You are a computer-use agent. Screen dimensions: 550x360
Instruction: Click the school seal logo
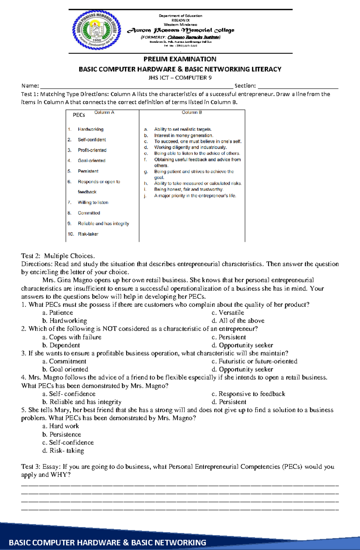click(x=96, y=30)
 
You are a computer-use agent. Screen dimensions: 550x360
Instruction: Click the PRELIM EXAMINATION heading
click(x=180, y=59)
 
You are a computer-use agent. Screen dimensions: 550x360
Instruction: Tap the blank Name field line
click(x=136, y=87)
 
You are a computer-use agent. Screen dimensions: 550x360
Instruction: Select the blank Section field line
click(x=298, y=87)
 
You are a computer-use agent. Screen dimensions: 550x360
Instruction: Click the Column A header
click(x=104, y=112)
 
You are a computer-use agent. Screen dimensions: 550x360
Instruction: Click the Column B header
click(x=192, y=112)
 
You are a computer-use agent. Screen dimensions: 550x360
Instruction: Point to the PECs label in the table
click(x=79, y=115)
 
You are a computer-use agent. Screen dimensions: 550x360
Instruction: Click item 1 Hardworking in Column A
click(x=90, y=129)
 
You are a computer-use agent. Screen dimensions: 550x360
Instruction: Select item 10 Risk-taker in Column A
click(x=88, y=234)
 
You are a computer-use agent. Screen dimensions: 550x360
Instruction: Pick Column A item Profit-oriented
click(x=92, y=150)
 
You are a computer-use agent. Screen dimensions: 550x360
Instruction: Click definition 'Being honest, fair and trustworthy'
click(x=188, y=189)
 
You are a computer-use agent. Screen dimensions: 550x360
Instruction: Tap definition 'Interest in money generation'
click(x=183, y=135)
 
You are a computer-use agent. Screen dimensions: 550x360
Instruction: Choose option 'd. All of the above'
click(x=238, y=321)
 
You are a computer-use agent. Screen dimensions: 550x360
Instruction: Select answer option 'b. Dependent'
click(x=61, y=345)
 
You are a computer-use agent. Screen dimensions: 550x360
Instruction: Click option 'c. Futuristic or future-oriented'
click(x=254, y=361)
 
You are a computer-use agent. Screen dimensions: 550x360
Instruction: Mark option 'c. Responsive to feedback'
click(x=248, y=394)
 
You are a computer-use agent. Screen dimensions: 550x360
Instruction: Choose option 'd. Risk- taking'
click(x=63, y=451)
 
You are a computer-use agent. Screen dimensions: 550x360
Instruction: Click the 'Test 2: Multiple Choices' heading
click(x=58, y=256)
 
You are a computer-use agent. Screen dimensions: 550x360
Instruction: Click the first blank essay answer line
click(x=180, y=485)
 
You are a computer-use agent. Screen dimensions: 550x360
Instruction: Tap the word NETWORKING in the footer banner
click(x=169, y=543)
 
